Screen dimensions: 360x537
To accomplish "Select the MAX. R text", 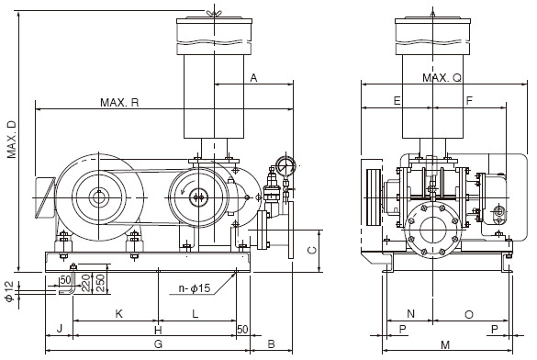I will [119, 102].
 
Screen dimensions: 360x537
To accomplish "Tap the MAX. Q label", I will [442, 78].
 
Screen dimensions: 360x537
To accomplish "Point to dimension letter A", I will [253, 79].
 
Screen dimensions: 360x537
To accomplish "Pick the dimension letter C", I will [311, 250].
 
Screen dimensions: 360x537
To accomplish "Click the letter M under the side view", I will [445, 343].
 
